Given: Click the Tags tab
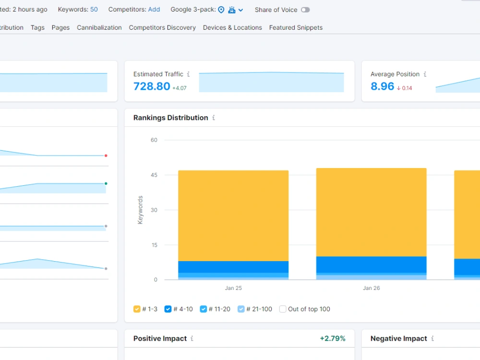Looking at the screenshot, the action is point(37,27).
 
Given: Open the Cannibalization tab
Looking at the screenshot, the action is point(99,27).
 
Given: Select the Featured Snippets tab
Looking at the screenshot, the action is point(296,27).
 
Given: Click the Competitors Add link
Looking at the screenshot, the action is point(154,10).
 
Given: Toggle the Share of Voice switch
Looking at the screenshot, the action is point(305,10).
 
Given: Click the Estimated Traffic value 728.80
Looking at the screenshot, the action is point(152,86).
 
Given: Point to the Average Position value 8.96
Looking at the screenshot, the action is point(383,86).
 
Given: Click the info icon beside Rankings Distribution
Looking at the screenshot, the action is point(214,118).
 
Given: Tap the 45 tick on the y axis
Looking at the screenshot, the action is point(154,175).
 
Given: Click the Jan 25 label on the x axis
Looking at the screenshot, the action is point(233,288).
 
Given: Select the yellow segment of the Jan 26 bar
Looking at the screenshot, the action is point(372,212).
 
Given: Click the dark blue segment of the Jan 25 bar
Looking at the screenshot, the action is point(233,267).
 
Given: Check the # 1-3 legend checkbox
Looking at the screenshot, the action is point(137,309).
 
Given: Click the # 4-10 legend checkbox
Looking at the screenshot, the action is point(168,309).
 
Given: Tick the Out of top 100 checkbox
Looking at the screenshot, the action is point(283,309).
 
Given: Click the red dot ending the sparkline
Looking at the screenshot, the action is point(106,156).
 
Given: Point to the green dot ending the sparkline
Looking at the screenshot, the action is point(106,184).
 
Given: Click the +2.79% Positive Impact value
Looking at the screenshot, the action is point(333,338).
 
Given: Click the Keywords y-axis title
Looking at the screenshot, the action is point(140,210).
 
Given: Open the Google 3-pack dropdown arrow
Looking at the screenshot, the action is point(241,10).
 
